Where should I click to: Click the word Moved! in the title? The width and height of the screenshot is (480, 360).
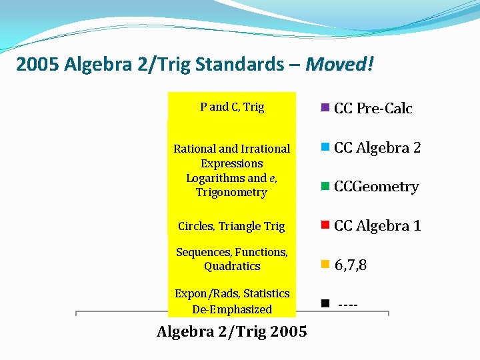click(339, 65)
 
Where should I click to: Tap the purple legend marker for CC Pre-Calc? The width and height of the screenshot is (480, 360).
click(325, 107)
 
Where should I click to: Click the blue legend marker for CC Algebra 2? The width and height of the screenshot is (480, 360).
click(325, 147)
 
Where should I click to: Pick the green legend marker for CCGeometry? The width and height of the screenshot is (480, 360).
click(325, 186)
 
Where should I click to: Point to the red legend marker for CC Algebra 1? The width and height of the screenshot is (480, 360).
click(325, 225)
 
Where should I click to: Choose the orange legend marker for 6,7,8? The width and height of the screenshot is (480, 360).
click(325, 265)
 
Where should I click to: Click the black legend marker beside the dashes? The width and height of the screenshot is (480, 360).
click(325, 303)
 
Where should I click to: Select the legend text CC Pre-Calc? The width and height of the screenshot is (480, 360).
click(373, 109)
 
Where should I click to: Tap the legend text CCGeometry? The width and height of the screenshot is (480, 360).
click(376, 187)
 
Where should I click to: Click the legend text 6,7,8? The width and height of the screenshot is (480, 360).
click(351, 265)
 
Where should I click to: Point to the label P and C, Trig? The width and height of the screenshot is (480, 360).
click(232, 107)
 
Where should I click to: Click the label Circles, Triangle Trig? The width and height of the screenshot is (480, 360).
click(231, 226)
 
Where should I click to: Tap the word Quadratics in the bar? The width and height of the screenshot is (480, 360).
click(232, 266)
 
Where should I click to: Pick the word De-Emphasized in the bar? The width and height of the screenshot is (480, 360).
click(232, 309)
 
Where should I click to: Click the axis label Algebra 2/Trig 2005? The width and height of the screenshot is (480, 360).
click(232, 331)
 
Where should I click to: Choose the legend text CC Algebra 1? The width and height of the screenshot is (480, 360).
click(377, 226)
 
